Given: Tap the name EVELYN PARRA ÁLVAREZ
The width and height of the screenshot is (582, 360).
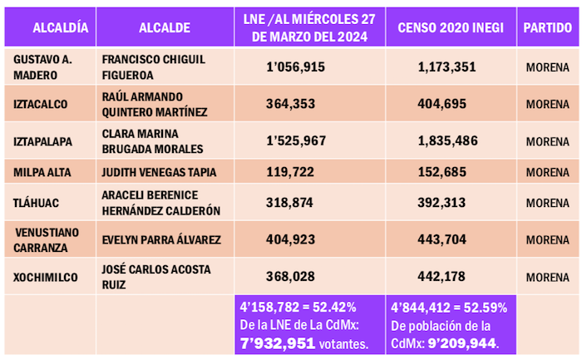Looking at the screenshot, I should (x=161, y=240).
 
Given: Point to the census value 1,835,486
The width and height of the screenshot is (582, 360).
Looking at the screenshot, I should (x=450, y=141).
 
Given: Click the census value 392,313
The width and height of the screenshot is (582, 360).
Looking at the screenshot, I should (x=450, y=203).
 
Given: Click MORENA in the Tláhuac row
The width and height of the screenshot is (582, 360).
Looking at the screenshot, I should (x=547, y=203).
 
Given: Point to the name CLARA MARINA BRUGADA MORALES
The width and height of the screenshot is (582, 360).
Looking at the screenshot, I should (x=152, y=141).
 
